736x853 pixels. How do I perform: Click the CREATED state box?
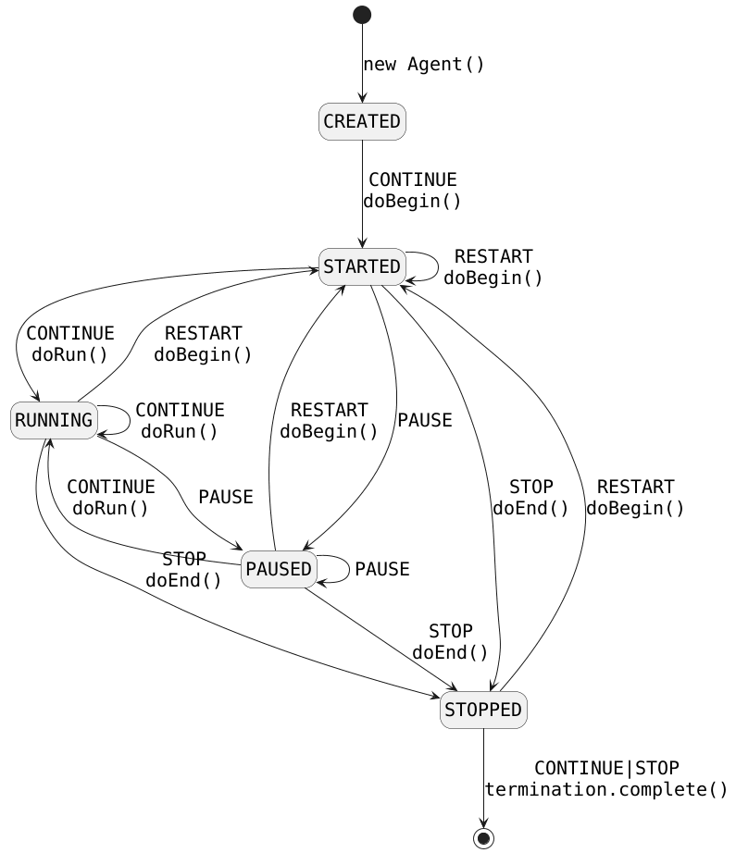coord(362,121)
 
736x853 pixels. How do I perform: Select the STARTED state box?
coord(362,267)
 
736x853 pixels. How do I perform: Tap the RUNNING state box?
coord(54,420)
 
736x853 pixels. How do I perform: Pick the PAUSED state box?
coord(279,569)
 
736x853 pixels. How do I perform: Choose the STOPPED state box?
coord(483,710)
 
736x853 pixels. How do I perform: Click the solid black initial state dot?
coord(362,15)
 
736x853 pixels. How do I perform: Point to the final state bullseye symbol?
coord(483,837)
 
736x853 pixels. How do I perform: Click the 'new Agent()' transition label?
coord(424,64)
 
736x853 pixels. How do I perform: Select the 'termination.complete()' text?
coord(606,789)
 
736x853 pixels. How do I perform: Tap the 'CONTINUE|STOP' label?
coord(606,768)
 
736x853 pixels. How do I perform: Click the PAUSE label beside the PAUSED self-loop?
coord(381,569)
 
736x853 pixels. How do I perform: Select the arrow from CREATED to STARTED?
coord(362,194)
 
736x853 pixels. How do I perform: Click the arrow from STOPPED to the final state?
coord(483,777)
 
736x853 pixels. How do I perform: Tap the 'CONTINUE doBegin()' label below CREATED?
coord(412,190)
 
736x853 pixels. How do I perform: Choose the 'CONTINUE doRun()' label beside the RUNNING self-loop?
coord(180,420)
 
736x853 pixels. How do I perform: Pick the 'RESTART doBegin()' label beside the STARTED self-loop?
coord(493,266)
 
